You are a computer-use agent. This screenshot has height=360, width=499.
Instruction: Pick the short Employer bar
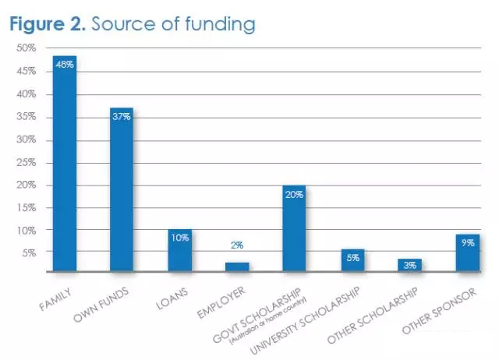coord(237,267)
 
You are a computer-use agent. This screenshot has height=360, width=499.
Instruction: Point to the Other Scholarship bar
coord(409,266)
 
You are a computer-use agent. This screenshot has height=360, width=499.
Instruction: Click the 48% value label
coord(64,64)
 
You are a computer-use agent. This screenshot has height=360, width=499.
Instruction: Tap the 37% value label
coord(122,115)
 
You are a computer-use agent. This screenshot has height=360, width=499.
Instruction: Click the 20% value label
coord(294,194)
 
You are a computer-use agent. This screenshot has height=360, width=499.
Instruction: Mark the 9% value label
coord(468,242)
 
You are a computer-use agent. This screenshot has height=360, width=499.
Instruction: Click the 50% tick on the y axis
coord(27,48)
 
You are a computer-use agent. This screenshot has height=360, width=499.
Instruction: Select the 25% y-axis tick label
coord(27,162)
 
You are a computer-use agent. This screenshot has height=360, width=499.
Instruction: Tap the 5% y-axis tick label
coord(29,253)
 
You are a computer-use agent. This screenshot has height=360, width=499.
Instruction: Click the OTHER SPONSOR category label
coord(450,310)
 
